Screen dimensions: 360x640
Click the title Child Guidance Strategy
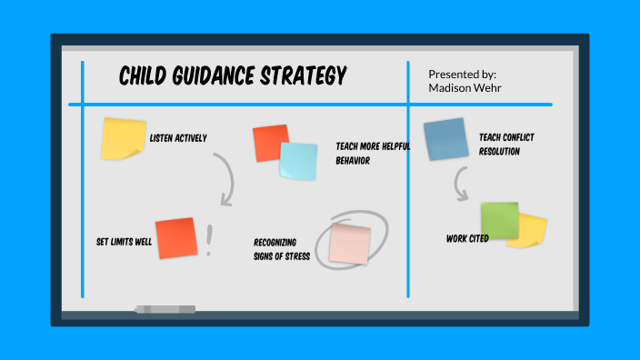click(233, 76)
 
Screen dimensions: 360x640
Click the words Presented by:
click(462, 74)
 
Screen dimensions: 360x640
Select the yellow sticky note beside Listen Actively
click(124, 139)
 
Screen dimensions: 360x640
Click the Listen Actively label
click(178, 138)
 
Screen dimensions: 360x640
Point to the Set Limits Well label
click(124, 243)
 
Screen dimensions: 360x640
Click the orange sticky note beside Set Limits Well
click(175, 238)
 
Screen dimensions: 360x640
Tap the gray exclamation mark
click(210, 240)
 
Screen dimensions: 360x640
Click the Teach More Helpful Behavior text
click(373, 153)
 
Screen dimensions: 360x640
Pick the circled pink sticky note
click(349, 243)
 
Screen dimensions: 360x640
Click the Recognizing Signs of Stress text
click(282, 249)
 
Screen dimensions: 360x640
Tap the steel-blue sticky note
click(445, 139)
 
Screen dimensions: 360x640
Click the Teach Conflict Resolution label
click(506, 145)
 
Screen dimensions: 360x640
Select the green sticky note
click(499, 220)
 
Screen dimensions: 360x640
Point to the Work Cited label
click(467, 238)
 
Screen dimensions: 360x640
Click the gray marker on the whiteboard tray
click(165, 309)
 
